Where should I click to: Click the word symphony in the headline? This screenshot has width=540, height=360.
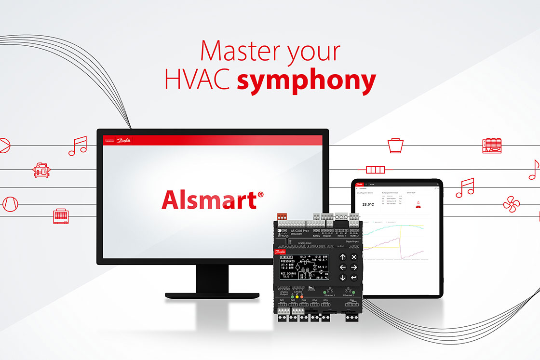pos(306,81)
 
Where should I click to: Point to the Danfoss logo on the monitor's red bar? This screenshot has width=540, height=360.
pos(124,140)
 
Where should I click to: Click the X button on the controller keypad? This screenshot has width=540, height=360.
pos(354,257)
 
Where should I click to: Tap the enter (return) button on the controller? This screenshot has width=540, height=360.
pos(354,278)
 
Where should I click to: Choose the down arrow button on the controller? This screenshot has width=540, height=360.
pos(343,278)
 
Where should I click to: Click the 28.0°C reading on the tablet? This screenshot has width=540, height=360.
pos(368,204)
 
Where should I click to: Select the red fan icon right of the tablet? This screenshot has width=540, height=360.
pos(512,203)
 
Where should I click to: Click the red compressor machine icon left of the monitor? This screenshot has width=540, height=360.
pos(41,169)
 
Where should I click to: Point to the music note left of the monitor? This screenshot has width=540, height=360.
pos(77,146)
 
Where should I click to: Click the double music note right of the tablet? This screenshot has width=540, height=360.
pos(465,187)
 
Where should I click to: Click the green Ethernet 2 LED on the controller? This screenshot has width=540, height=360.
pos(353,293)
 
